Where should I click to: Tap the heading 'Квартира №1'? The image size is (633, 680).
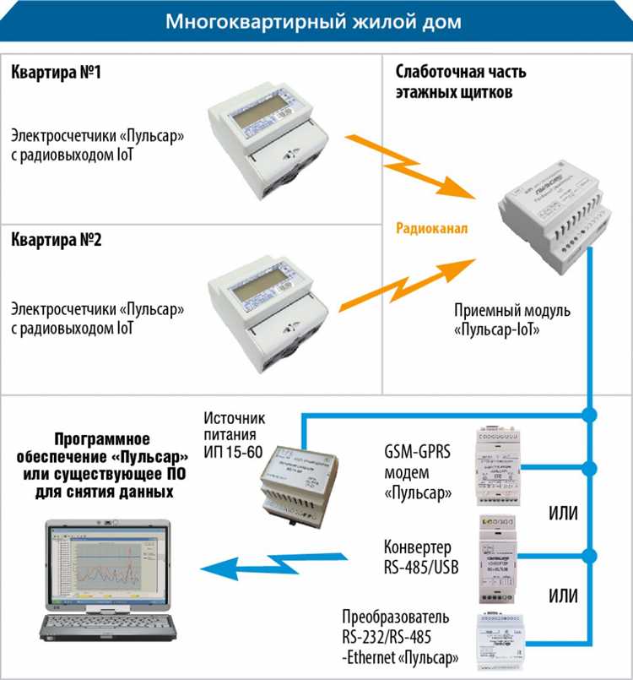tap(56, 73)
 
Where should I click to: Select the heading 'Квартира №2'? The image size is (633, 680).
tap(56, 240)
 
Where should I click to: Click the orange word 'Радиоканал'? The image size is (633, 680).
tap(432, 229)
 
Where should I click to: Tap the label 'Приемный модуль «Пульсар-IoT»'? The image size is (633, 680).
tap(511, 319)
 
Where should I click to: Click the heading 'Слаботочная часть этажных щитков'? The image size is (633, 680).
tap(453, 82)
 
